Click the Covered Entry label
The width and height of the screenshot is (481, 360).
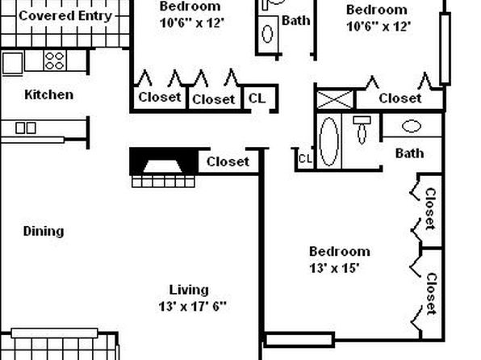(65, 16)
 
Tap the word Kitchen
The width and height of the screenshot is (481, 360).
(48, 94)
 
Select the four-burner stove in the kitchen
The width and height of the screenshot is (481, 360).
(55, 61)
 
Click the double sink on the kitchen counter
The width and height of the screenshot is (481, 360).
(26, 128)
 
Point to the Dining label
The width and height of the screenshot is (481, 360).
(44, 231)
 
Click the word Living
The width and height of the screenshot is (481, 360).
(189, 290)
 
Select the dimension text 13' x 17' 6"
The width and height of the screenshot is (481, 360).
(192, 306)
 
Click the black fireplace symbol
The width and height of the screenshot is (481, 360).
(164, 161)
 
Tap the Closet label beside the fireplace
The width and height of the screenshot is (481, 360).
(228, 161)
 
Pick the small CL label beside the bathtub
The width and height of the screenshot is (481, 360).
(305, 159)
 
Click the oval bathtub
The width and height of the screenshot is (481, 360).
(328, 141)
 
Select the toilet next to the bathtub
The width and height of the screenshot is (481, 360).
(362, 129)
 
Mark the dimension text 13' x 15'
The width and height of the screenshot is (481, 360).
(334, 268)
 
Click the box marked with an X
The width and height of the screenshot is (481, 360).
(335, 99)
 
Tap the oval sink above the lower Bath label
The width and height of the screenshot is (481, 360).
(412, 126)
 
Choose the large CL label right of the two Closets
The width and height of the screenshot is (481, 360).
(257, 98)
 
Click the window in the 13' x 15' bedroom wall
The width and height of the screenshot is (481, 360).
(299, 340)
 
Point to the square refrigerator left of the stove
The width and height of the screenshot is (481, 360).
(13, 63)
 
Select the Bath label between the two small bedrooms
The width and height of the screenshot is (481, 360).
(295, 20)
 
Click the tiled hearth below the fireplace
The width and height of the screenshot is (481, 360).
(163, 182)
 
